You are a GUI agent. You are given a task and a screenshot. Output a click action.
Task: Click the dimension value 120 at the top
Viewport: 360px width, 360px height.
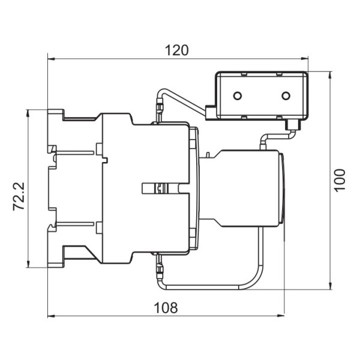coord(176,50)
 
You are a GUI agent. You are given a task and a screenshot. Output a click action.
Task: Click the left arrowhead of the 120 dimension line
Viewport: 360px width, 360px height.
coord(50,59)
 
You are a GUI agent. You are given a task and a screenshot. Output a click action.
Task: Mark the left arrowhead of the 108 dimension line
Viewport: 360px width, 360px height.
coord(50,316)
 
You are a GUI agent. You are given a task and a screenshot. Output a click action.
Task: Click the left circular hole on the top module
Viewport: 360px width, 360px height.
coord(238,96)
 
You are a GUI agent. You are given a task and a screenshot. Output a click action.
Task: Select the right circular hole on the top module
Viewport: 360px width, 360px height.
coord(286,96)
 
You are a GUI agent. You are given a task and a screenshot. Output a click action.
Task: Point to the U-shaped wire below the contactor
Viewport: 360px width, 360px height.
coord(210,282)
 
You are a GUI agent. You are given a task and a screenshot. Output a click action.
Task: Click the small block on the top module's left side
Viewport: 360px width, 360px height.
coord(210,112)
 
